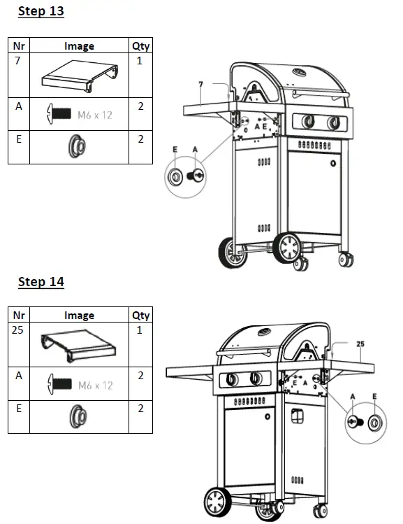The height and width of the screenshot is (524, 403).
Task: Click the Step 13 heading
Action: tap(41, 12)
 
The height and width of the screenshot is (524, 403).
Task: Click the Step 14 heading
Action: tap(41, 282)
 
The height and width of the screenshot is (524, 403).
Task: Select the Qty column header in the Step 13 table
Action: tap(140, 46)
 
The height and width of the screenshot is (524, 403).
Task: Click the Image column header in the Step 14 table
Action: tap(79, 316)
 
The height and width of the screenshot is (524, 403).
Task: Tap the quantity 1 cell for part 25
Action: tap(140, 330)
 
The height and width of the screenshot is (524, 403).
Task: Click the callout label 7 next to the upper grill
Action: tap(200, 85)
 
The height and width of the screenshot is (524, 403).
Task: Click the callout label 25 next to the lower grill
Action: tap(360, 344)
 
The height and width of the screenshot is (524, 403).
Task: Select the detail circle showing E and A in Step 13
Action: tap(185, 175)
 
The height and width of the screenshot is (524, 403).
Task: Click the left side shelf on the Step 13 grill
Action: tap(207, 108)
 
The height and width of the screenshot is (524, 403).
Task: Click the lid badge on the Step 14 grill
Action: tap(265, 332)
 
